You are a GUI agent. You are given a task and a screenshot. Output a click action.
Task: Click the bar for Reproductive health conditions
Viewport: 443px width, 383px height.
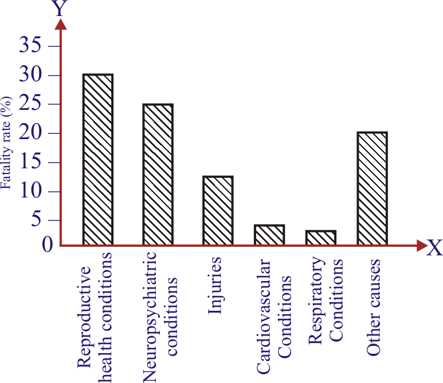[97, 160]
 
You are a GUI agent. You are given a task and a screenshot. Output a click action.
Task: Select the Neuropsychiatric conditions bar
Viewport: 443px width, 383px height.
[158, 175]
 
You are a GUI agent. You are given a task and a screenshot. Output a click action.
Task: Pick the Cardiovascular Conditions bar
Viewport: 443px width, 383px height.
[269, 235]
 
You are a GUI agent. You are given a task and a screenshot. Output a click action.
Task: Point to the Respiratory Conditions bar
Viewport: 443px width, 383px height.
[321, 238]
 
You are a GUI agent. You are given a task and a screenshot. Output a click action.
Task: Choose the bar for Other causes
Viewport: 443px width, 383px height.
[372, 189]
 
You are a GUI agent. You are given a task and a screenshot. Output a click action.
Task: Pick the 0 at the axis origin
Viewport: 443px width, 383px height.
[48, 244]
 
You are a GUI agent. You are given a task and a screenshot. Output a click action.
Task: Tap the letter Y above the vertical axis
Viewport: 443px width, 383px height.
[59, 8]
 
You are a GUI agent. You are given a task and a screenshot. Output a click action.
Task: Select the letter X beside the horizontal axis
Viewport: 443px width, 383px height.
[434, 248]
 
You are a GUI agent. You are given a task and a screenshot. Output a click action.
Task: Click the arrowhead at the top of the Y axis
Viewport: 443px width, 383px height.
[60, 23]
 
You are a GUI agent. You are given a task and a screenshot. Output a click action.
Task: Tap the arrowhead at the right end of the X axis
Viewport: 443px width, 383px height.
[421, 246]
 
